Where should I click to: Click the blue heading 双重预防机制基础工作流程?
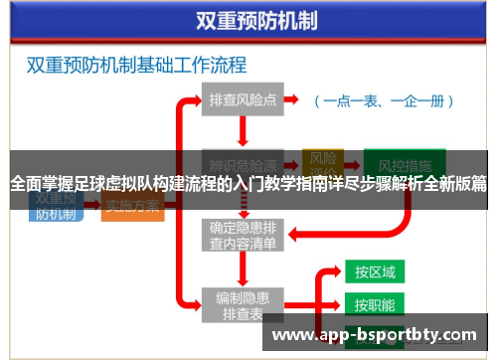click(136, 67)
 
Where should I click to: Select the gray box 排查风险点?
click(243, 99)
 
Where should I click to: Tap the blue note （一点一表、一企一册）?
click(383, 100)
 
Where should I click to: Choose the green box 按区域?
click(375, 271)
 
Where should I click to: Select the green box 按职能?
click(375, 304)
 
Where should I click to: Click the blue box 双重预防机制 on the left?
click(56, 203)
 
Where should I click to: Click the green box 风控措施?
click(398, 162)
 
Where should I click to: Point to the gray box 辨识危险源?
click(243, 163)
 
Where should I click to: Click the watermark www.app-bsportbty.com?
click(379, 335)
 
